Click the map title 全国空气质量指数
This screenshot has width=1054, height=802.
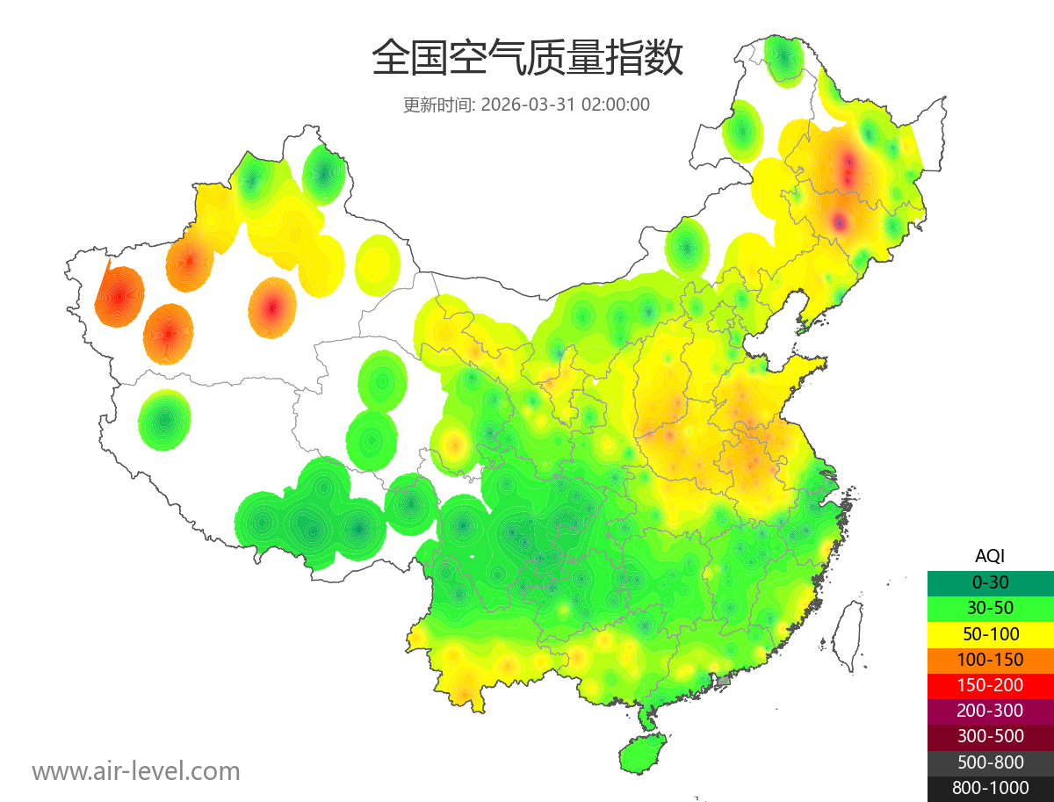(x=527, y=58)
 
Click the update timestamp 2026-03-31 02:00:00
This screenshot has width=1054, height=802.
(x=566, y=105)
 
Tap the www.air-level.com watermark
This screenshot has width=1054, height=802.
(x=136, y=771)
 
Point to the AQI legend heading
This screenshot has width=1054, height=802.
(x=990, y=555)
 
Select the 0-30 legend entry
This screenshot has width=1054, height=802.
(x=990, y=582)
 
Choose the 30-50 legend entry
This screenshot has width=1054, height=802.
(x=990, y=607)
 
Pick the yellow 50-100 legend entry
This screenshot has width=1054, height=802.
(x=990, y=633)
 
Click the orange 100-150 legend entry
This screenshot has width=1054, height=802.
(x=990, y=659)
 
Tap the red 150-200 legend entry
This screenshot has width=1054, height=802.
(x=990, y=684)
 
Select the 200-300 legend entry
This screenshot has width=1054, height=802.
(x=990, y=711)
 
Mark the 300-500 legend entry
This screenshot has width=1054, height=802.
(x=990, y=736)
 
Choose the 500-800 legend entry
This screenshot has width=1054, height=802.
(x=990, y=762)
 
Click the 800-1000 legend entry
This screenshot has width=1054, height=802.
(x=990, y=788)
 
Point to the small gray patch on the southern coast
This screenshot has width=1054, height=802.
(x=724, y=681)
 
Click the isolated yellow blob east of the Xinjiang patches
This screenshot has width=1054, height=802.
(x=378, y=264)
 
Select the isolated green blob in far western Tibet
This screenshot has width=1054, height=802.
(x=164, y=420)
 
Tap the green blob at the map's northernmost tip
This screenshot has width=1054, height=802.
(x=783, y=60)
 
